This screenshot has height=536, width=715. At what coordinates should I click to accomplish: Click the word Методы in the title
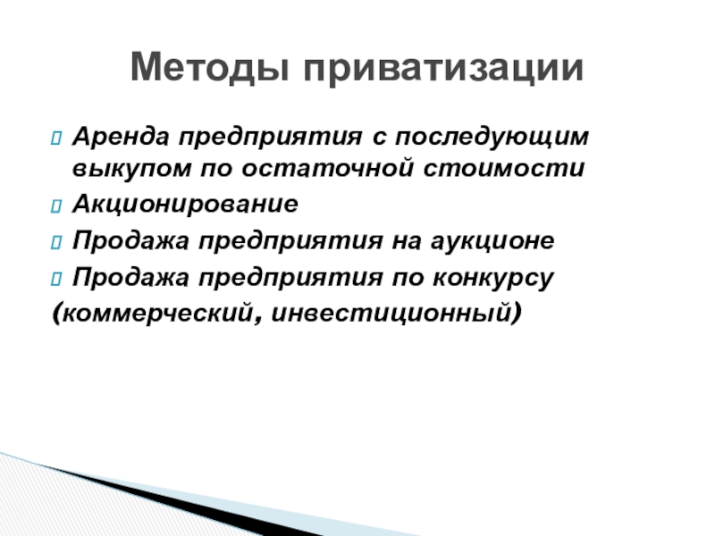[210, 68]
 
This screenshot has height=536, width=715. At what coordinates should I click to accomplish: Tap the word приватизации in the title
[443, 69]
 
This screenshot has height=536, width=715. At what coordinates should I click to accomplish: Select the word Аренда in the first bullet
[121, 137]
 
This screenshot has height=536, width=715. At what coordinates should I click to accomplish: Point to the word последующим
[492, 138]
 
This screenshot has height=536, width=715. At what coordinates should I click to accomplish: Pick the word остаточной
[328, 168]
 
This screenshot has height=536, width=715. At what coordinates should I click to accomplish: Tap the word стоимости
[504, 168]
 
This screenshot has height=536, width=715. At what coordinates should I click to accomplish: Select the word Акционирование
[185, 204]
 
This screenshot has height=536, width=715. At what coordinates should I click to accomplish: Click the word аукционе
[492, 240]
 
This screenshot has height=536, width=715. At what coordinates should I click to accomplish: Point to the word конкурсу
[493, 278]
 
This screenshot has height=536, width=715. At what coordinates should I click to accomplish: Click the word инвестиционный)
[396, 314]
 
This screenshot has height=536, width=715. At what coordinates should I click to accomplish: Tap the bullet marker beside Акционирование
[56, 205]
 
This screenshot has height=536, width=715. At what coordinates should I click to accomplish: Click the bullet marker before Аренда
[56, 138]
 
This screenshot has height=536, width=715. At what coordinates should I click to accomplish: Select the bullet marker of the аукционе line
[56, 242]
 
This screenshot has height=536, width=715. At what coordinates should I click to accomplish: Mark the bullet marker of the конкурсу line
[56, 279]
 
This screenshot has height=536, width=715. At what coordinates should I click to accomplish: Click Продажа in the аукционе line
[130, 241]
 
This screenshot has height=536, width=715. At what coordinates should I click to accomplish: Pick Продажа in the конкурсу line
[130, 278]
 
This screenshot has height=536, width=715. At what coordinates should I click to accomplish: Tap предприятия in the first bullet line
[271, 138]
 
